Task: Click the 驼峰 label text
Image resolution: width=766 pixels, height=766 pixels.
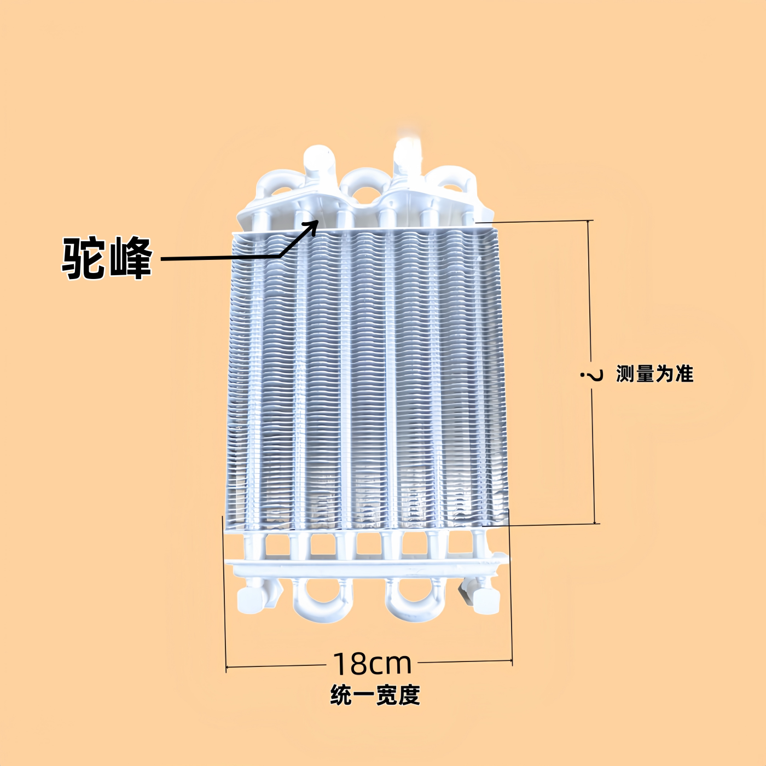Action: coord(106,258)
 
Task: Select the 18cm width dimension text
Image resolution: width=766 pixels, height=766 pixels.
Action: coord(372,663)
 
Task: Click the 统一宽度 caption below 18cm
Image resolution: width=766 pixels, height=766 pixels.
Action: coord(375,695)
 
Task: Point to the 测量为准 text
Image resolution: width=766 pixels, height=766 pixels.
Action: coord(654,374)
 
